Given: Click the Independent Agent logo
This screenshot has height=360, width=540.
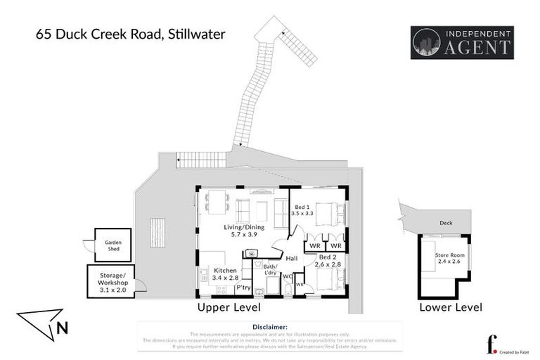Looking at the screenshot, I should pyautogui.click(x=461, y=42).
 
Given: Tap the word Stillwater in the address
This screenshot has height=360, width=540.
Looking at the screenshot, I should pyautogui.click(x=194, y=33).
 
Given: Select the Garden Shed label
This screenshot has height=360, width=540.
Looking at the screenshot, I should pyautogui.click(x=113, y=245).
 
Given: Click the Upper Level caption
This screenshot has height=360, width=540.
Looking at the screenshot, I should pyautogui.click(x=229, y=307).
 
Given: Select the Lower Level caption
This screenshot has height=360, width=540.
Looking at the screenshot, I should pyautogui.click(x=450, y=307).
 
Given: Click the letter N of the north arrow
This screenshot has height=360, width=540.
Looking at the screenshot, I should pyautogui.click(x=63, y=327).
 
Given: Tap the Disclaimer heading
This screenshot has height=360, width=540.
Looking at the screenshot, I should pyautogui.click(x=269, y=327).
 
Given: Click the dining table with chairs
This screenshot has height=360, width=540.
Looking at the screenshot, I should pyautogui.click(x=217, y=202).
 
